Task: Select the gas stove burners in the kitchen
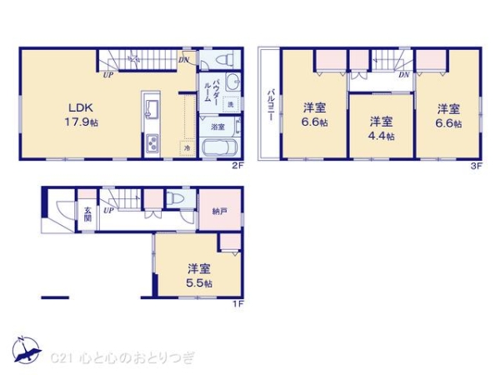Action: click(x=153, y=143)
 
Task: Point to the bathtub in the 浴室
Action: click(x=221, y=148)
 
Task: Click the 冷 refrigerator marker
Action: click(x=187, y=147)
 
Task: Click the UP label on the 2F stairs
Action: click(x=108, y=76)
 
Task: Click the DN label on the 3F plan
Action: click(x=402, y=76)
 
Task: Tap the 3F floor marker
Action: click(x=477, y=166)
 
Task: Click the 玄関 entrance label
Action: click(x=86, y=212)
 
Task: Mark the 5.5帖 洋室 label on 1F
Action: click(x=198, y=275)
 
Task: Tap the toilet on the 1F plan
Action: click(x=176, y=200)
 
